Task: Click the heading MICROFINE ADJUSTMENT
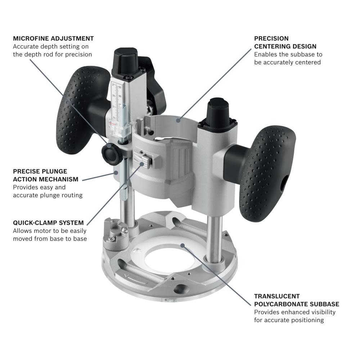tap(53, 38)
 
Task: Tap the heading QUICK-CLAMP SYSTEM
tap(48, 222)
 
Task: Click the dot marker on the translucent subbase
tap(183, 246)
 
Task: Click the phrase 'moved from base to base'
tap(50, 238)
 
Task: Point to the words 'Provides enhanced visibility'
tap(294, 312)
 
